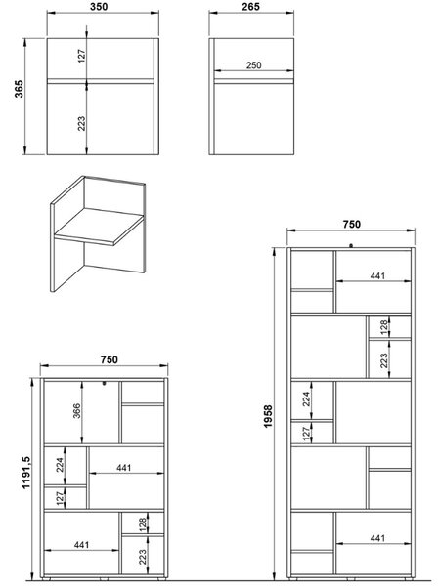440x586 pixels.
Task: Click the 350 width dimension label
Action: (99, 7)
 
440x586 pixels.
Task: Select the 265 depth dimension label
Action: (250, 7)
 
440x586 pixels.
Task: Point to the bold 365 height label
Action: (19, 89)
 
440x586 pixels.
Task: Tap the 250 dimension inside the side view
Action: (253, 65)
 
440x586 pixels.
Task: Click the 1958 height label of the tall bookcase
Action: (268, 416)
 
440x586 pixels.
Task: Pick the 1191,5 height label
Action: (26, 473)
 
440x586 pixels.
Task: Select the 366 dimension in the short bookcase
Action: (76, 411)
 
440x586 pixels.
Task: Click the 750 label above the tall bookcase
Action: (352, 224)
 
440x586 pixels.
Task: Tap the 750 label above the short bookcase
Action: (109, 359)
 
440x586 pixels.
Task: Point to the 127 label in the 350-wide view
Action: (82, 56)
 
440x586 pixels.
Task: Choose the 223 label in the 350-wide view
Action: (81, 123)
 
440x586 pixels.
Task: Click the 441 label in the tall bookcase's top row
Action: (377, 275)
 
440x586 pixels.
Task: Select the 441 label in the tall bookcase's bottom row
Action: (377, 538)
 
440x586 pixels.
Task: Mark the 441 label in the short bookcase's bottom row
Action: (81, 545)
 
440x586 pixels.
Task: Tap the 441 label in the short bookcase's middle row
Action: (124, 468)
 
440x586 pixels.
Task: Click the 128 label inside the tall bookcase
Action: (384, 327)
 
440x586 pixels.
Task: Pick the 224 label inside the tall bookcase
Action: (306, 398)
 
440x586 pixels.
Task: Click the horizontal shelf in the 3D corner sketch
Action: (99, 227)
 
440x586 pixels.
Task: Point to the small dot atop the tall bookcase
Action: (351, 245)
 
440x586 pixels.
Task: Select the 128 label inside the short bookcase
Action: (142, 524)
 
